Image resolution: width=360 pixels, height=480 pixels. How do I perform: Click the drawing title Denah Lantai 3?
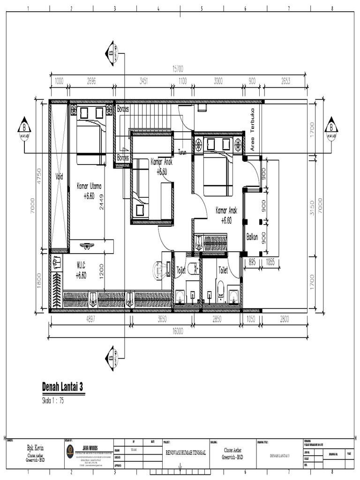69,387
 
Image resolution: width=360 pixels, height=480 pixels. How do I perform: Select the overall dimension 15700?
179,69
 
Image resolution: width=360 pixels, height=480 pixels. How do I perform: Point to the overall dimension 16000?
178,331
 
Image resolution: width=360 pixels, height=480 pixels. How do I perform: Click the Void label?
59,177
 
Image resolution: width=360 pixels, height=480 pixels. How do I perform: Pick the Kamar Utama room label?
89,186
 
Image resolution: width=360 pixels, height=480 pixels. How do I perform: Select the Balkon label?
252,237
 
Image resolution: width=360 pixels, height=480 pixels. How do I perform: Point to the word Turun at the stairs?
183,151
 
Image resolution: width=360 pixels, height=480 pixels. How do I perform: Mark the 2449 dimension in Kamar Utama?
101,202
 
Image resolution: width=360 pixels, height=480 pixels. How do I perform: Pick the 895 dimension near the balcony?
253,262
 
